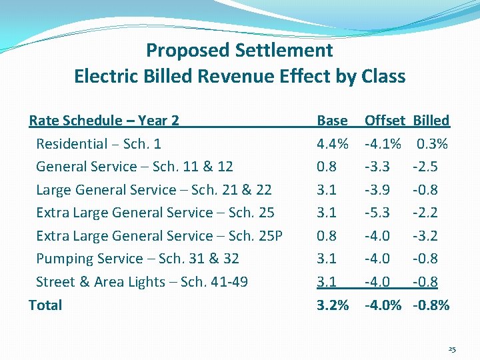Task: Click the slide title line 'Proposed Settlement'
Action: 239,51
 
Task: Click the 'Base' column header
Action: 332,121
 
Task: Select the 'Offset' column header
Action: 384,121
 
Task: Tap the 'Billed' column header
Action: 431,121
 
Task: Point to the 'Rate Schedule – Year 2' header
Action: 104,121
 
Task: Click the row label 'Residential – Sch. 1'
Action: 99,144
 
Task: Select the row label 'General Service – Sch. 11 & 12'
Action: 135,167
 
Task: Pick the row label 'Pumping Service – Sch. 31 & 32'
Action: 137,259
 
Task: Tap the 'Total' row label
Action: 45,305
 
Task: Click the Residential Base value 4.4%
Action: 333,144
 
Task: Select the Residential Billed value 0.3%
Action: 433,144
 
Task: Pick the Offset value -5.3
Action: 377,213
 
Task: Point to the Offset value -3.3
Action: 377,167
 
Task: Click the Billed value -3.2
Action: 425,236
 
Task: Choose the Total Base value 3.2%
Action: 333,305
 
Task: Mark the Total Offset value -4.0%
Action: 383,305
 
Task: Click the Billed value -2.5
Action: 425,167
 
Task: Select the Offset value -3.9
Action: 377,190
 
